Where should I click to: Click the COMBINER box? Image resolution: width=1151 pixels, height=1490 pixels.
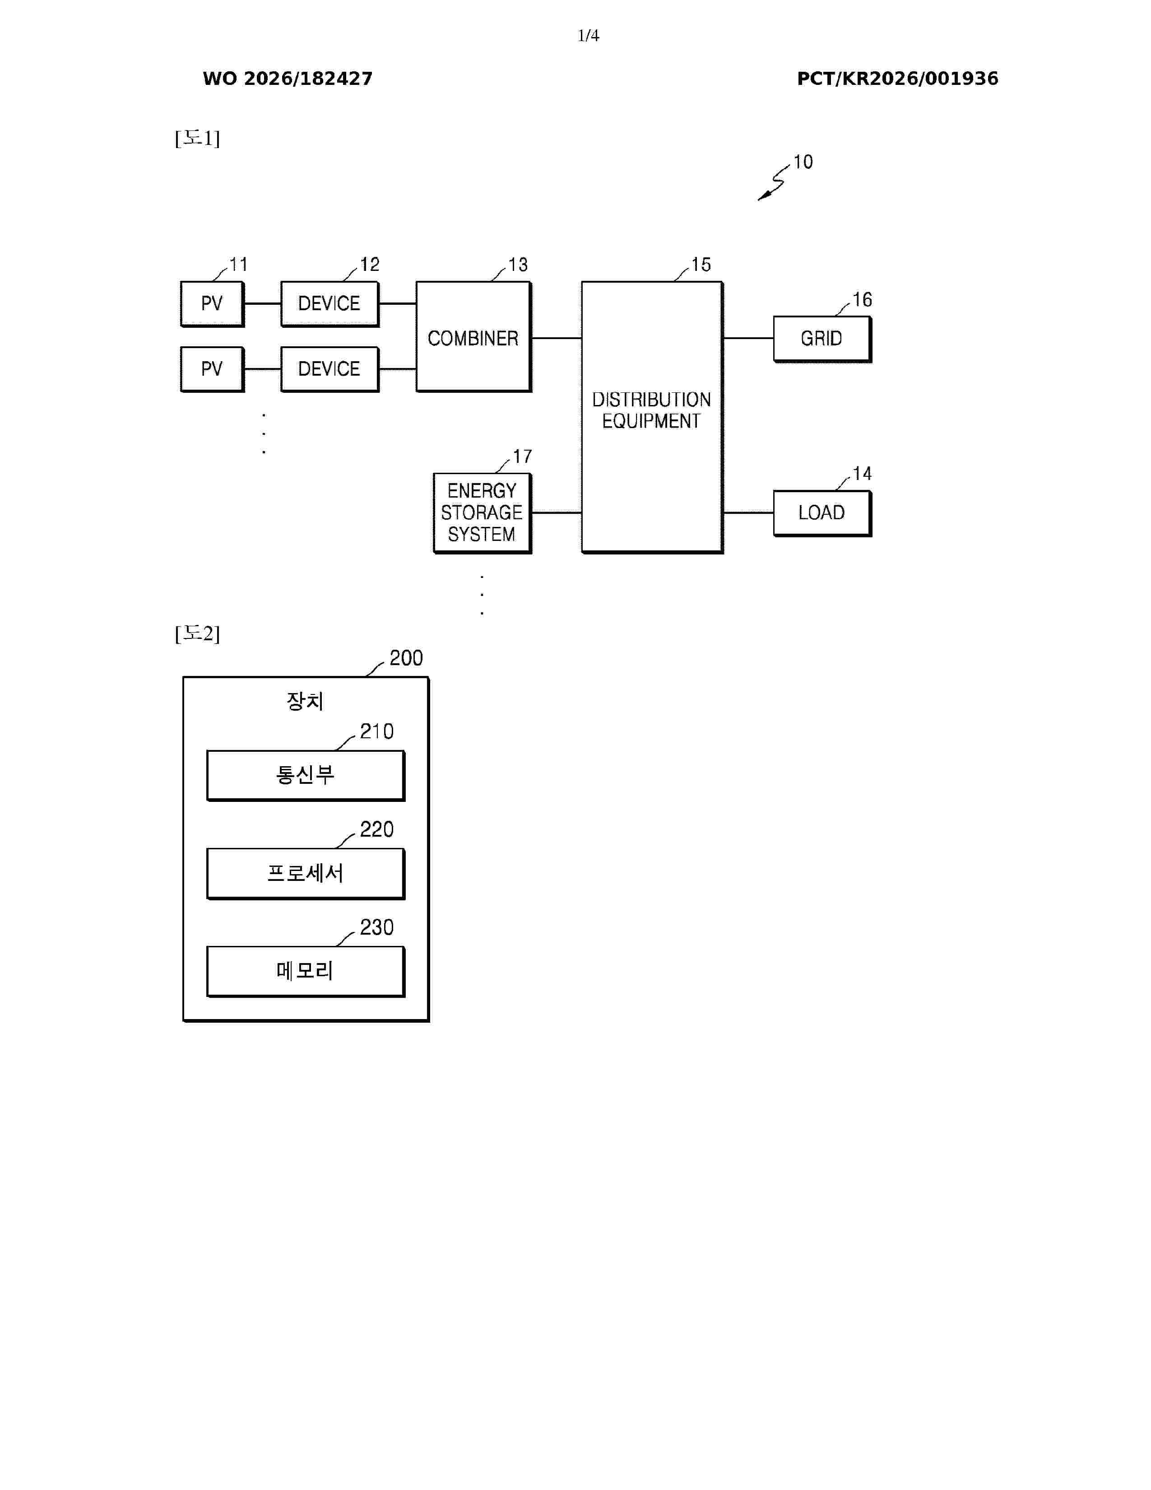click(x=473, y=336)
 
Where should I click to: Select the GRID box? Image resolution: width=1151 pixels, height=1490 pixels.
click(x=822, y=339)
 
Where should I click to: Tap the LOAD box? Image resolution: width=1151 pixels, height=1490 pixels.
click(x=822, y=513)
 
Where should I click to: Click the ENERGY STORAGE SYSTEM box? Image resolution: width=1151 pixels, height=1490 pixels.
click(x=482, y=513)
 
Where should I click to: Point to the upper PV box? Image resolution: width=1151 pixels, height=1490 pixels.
click(x=212, y=303)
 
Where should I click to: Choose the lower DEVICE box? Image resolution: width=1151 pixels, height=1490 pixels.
click(x=330, y=369)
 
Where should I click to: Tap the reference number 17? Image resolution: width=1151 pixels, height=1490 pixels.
click(x=522, y=456)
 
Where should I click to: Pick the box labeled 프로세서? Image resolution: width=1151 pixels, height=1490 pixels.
click(x=306, y=873)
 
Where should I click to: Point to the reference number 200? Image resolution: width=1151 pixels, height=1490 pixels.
click(x=406, y=658)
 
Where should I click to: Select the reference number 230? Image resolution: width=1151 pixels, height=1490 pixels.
click(x=377, y=927)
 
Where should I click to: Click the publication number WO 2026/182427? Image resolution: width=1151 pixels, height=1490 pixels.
click(x=288, y=79)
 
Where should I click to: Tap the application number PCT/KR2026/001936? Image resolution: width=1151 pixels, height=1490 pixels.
click(x=897, y=79)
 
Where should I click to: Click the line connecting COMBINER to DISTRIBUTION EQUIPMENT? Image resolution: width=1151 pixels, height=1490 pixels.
click(x=557, y=338)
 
